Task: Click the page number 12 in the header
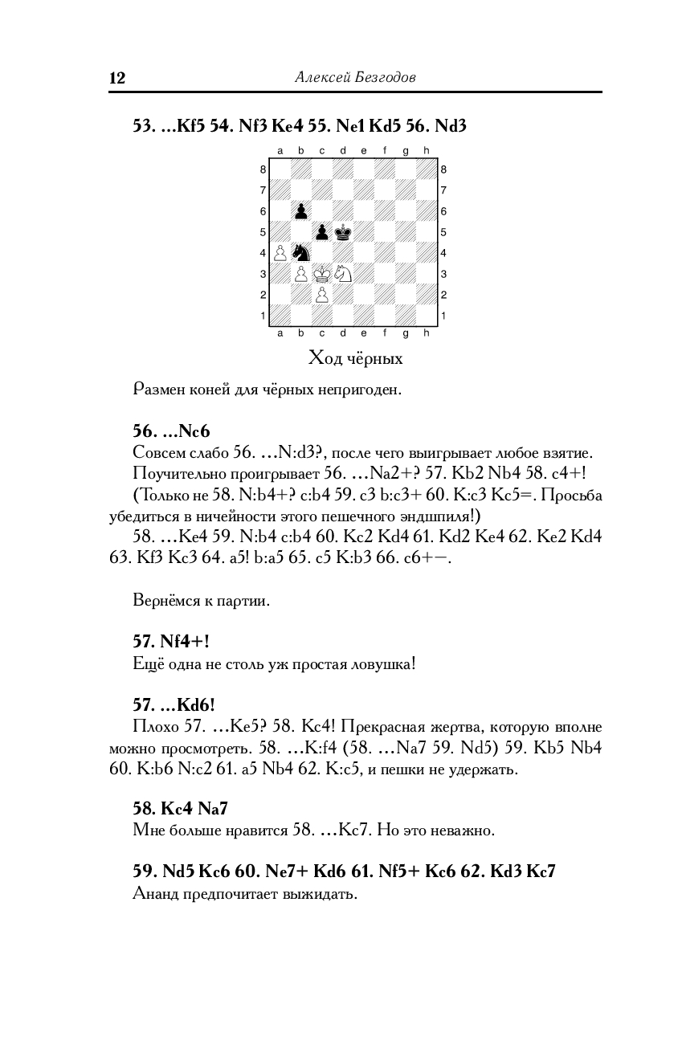(117, 78)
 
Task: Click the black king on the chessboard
(343, 231)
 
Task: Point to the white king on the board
(322, 273)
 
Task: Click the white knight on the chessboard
(343, 273)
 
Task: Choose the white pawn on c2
(322, 294)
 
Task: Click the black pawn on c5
(322, 231)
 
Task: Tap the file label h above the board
(427, 150)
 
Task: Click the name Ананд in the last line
(158, 894)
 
